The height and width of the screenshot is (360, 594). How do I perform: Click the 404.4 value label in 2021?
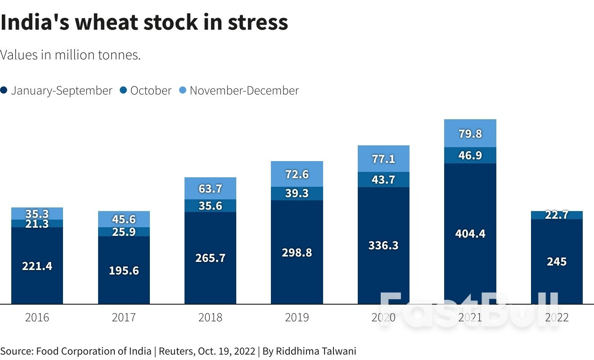[x=470, y=234]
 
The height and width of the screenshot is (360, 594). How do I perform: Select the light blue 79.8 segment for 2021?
[x=470, y=133]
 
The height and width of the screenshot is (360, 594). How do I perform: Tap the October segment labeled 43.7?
[x=383, y=180]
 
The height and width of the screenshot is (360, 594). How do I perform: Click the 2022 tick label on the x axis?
[x=557, y=318]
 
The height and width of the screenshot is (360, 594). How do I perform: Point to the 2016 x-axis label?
[x=37, y=318]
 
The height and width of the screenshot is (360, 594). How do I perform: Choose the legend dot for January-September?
[x=4, y=90]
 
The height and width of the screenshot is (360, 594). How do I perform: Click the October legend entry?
[x=150, y=90]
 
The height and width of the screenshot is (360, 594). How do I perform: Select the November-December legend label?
[x=244, y=90]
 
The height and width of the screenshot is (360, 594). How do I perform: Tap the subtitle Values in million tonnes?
[x=71, y=55]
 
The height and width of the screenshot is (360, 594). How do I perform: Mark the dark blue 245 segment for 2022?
[x=557, y=261]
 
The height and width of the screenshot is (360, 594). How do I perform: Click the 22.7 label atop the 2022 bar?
[x=557, y=215]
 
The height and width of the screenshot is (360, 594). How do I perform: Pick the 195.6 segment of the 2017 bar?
[x=124, y=270]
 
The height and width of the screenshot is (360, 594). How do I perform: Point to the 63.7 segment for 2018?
[x=210, y=188]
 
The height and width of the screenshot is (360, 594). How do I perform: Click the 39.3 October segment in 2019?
[x=297, y=193]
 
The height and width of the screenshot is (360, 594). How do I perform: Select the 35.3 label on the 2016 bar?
[x=37, y=213]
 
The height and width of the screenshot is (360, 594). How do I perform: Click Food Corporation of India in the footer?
[x=94, y=351]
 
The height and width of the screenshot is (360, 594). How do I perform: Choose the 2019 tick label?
[x=297, y=318]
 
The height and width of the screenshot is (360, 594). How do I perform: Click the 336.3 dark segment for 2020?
[x=383, y=246]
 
